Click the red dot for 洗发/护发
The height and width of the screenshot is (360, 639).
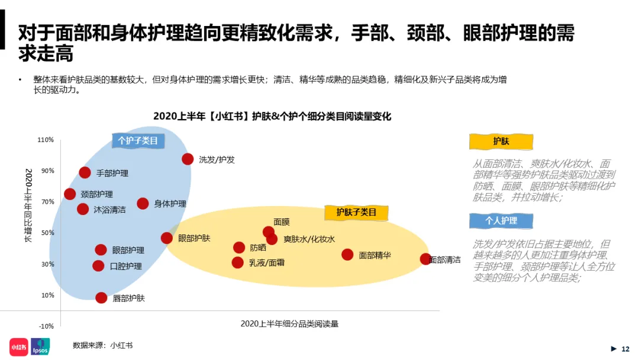tap(188, 159)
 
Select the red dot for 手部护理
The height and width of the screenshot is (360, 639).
tap(85, 173)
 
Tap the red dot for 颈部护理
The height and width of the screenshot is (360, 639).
tap(70, 194)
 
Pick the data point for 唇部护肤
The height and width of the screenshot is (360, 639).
tap(101, 298)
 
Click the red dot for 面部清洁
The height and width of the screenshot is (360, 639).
tap(425, 259)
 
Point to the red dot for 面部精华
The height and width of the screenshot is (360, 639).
tap(347, 255)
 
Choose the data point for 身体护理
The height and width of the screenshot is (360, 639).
tap(143, 204)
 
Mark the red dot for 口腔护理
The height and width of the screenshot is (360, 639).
tap(98, 266)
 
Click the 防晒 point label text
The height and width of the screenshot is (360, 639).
tap(258, 247)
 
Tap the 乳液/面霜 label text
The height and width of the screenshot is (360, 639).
tap(266, 262)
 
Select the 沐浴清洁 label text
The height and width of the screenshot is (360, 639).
tap(109, 210)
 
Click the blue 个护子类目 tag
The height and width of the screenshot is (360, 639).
tap(138, 141)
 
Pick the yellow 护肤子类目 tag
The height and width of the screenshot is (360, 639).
tap(356, 212)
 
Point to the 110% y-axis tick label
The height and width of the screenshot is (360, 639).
tap(46, 140)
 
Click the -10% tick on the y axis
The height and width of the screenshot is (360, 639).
tap(46, 326)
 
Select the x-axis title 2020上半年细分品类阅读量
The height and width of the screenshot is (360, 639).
tap(289, 324)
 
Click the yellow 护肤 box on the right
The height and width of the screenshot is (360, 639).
tap(501, 142)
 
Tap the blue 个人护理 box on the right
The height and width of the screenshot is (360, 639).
tap(501, 221)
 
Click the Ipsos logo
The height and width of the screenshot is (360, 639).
tap(40, 346)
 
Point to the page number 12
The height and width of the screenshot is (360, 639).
tap(625, 349)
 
